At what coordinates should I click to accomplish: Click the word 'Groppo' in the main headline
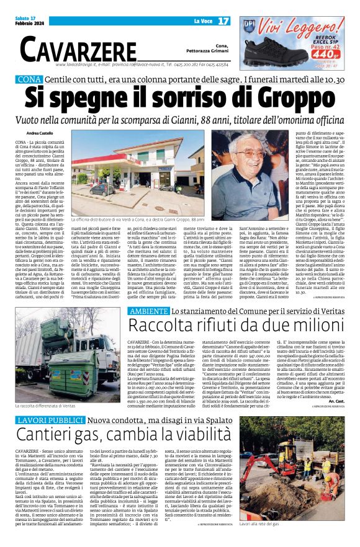(x=289, y=99)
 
